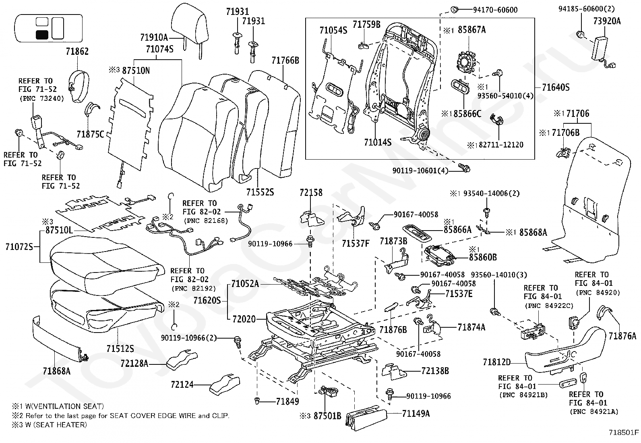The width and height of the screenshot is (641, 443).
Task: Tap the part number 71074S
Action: point(159,49)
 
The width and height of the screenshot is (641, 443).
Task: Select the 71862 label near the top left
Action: point(77,52)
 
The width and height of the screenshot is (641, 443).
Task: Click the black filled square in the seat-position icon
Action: point(42,35)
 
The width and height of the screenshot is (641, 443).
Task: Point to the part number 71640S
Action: point(556,87)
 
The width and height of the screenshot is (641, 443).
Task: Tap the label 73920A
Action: point(607,21)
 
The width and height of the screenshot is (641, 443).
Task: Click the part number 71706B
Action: point(566,133)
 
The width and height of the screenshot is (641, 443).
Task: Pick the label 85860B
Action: point(483,257)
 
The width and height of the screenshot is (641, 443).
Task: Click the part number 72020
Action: point(244,319)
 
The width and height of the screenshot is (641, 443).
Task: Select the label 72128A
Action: point(134,363)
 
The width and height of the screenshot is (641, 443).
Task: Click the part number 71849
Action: point(287,401)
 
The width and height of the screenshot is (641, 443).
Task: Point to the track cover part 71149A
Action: point(366,417)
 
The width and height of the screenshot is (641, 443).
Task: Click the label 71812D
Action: point(497,362)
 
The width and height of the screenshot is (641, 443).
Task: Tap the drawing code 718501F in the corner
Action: point(624,433)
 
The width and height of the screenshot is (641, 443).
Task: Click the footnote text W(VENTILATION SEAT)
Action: point(65,406)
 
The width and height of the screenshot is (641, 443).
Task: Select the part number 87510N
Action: point(136,71)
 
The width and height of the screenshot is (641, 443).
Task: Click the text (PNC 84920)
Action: point(598,293)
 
